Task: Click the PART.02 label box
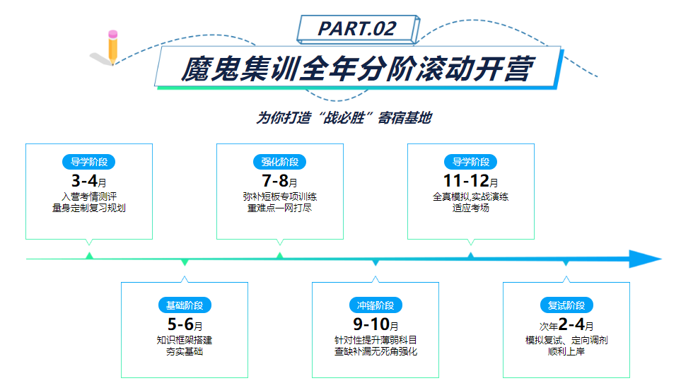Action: pyautogui.click(x=356, y=28)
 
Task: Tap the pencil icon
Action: pyautogui.click(x=112, y=47)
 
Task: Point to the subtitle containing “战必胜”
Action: pyautogui.click(x=343, y=118)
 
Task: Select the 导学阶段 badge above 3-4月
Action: pyautogui.click(x=88, y=162)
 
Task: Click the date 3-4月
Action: pyautogui.click(x=88, y=181)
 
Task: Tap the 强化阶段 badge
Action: pyautogui.click(x=279, y=162)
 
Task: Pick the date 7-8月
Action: pyautogui.click(x=279, y=181)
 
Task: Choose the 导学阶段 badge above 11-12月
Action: pyautogui.click(x=470, y=162)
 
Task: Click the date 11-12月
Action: pyautogui.click(x=470, y=181)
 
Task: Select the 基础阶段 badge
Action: pyautogui.click(x=184, y=305)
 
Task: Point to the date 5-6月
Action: pyautogui.click(x=185, y=325)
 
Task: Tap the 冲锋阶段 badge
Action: pyautogui.click(x=376, y=305)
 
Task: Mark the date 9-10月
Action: pyautogui.click(x=376, y=325)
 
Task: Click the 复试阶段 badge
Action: pyautogui.click(x=566, y=305)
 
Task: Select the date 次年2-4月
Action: pyautogui.click(x=566, y=325)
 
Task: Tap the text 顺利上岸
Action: pyautogui.click(x=566, y=351)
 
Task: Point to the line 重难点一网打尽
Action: pyautogui.click(x=279, y=208)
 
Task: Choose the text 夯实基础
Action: pyautogui.click(x=184, y=351)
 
